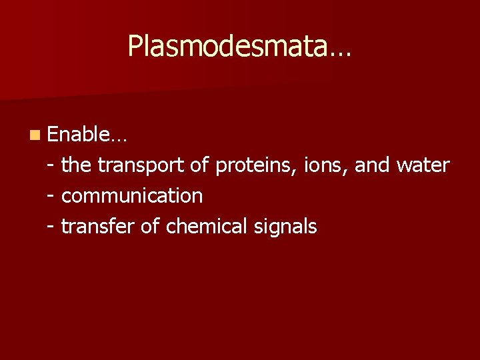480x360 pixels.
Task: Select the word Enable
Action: tap(79, 135)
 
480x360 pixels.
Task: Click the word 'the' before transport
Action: tap(76, 165)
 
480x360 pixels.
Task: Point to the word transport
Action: tap(141, 165)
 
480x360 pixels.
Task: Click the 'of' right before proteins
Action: tap(199, 165)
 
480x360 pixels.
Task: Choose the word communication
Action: tap(131, 196)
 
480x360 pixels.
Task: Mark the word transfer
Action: tap(97, 227)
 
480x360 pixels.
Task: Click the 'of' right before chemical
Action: tap(150, 227)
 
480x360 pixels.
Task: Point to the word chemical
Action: tap(207, 227)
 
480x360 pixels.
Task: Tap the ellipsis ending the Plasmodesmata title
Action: tap(339, 53)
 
